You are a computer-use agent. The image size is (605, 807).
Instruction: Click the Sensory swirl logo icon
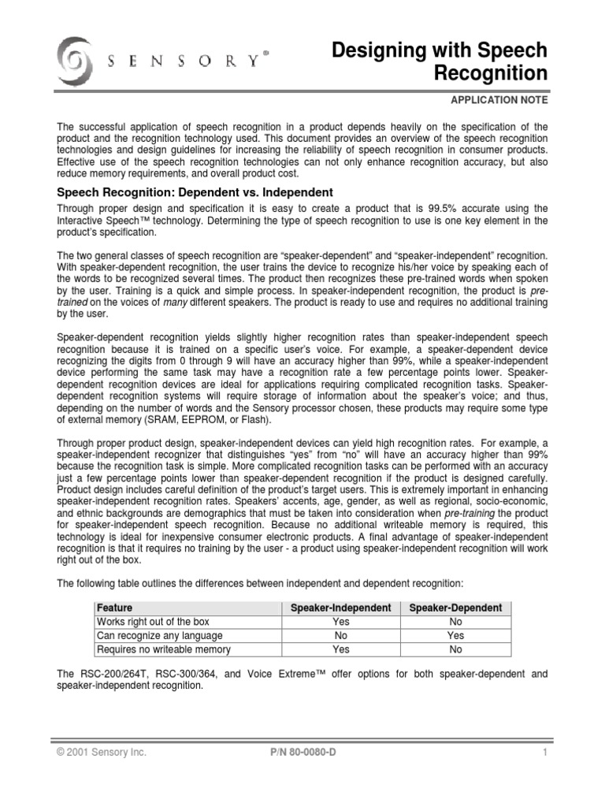[76, 58]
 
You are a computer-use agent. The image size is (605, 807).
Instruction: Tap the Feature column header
[114, 608]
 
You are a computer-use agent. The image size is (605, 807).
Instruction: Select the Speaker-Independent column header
[340, 608]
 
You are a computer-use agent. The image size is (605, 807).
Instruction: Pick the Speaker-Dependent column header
[455, 608]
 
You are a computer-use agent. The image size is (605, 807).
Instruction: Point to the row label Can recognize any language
[159, 635]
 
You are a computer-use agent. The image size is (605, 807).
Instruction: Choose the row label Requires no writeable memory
[163, 649]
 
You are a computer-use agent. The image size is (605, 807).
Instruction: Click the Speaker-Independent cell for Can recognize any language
[340, 635]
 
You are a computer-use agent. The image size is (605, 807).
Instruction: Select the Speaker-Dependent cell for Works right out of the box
[455, 622]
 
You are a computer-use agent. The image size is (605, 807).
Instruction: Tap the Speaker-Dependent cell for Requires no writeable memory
[455, 649]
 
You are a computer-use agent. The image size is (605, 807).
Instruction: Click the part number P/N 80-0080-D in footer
[302, 753]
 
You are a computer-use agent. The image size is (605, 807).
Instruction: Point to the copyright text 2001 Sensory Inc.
[102, 753]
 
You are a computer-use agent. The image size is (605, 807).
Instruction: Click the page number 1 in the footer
[544, 753]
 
